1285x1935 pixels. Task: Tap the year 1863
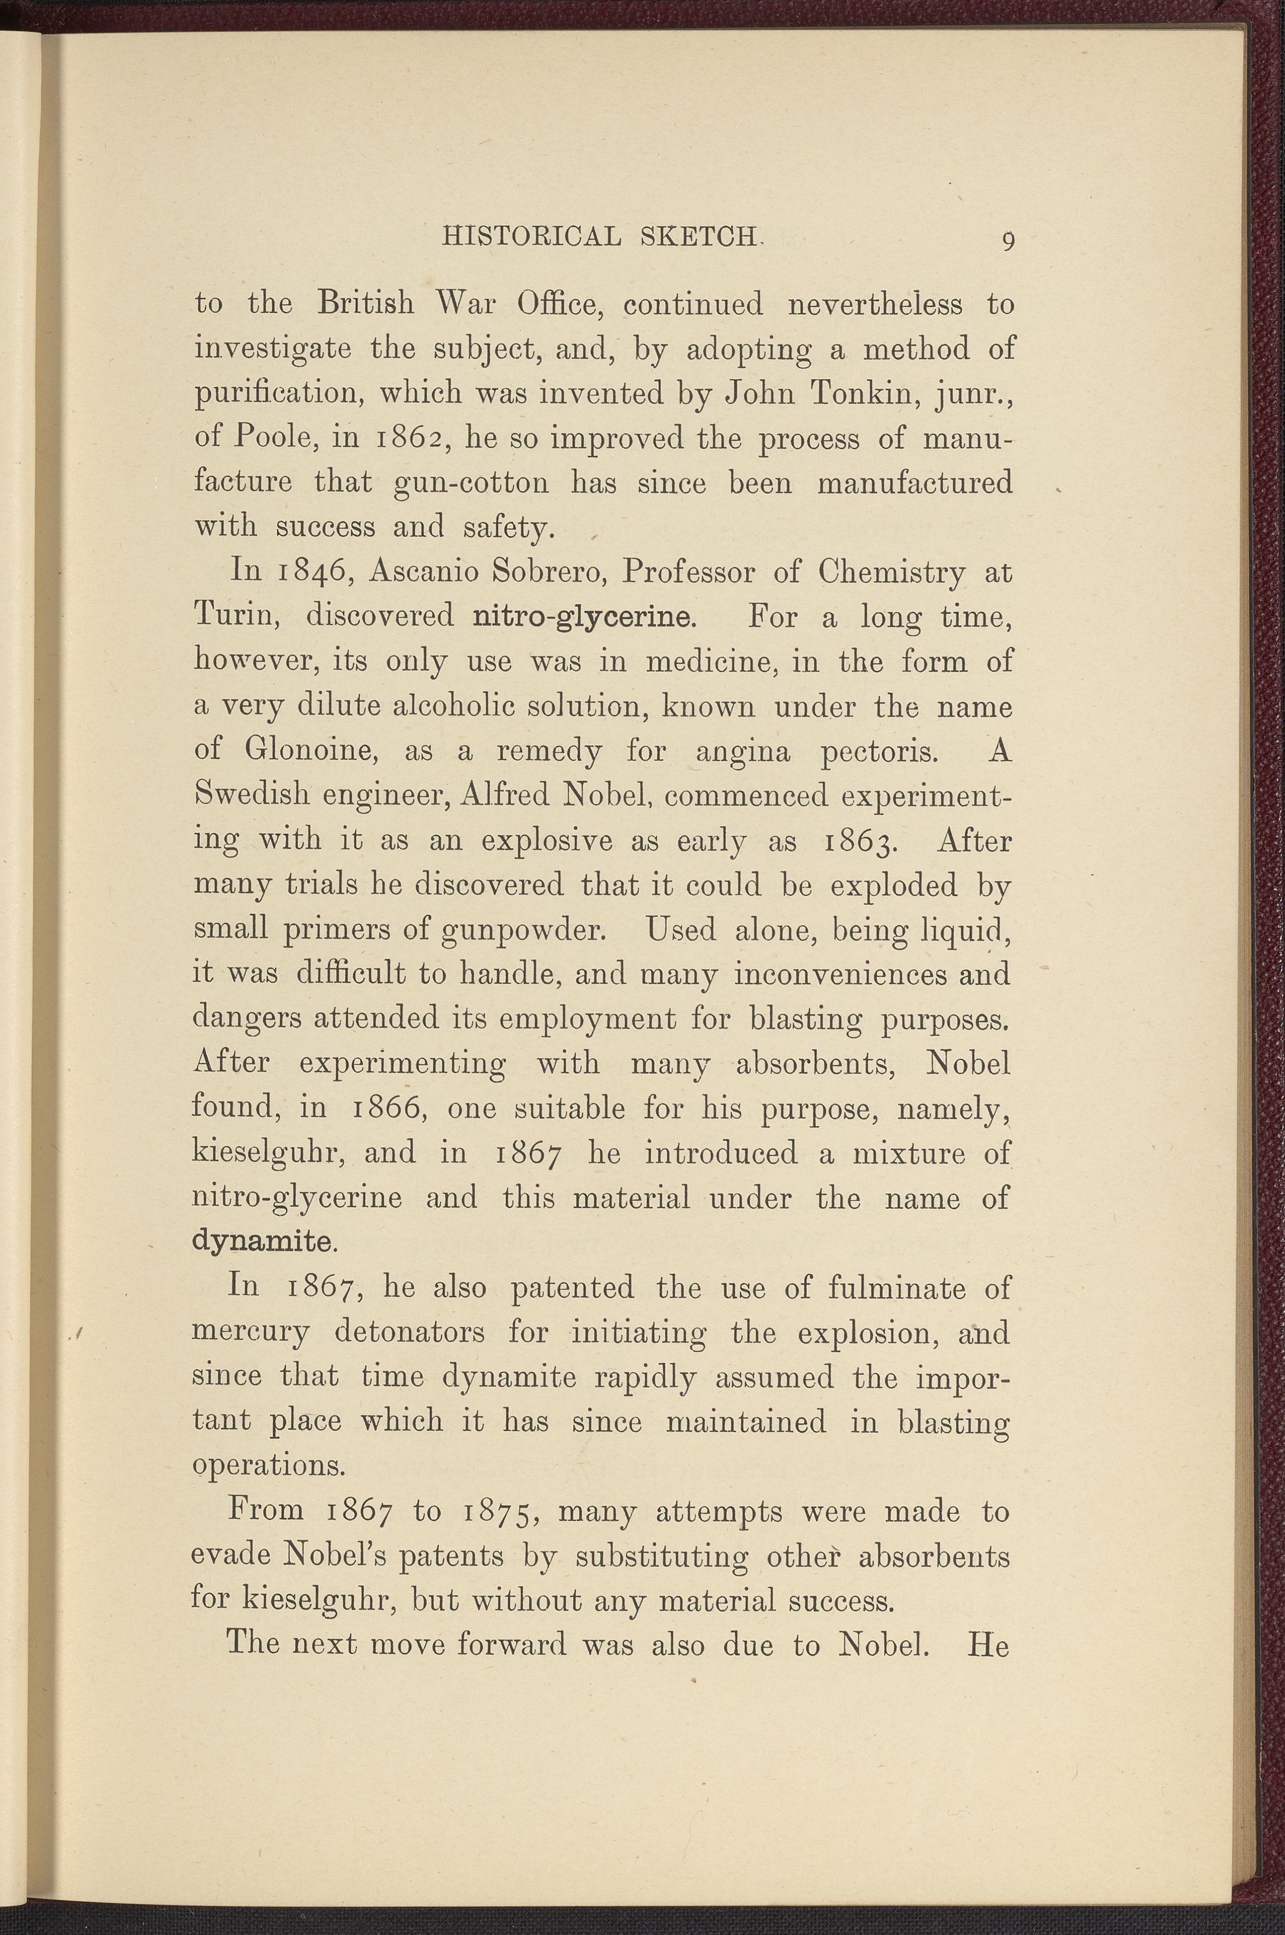863,842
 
